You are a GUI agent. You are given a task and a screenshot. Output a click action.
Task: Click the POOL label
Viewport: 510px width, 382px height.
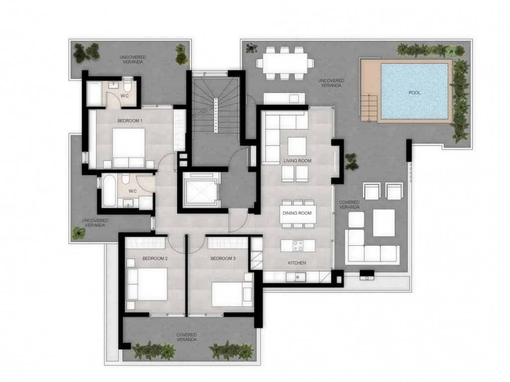[414, 93]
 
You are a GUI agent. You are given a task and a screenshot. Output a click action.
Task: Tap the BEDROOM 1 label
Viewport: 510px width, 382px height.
[130, 121]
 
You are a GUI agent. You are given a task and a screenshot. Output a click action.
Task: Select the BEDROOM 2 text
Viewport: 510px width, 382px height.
[154, 259]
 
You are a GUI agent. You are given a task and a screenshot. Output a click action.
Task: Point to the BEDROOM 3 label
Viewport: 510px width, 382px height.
[223, 259]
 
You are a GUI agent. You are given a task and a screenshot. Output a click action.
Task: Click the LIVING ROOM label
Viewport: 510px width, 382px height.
[297, 161]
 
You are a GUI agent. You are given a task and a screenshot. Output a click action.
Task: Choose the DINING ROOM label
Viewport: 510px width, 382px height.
[297, 213]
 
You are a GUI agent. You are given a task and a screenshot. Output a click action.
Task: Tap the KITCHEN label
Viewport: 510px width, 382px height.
[297, 263]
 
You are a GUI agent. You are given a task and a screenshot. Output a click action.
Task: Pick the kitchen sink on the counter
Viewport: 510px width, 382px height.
[300, 277]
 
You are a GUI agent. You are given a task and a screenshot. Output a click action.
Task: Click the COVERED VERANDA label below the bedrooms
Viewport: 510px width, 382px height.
[187, 337]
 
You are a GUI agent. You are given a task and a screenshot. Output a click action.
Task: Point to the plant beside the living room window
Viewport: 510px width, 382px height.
[352, 161]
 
